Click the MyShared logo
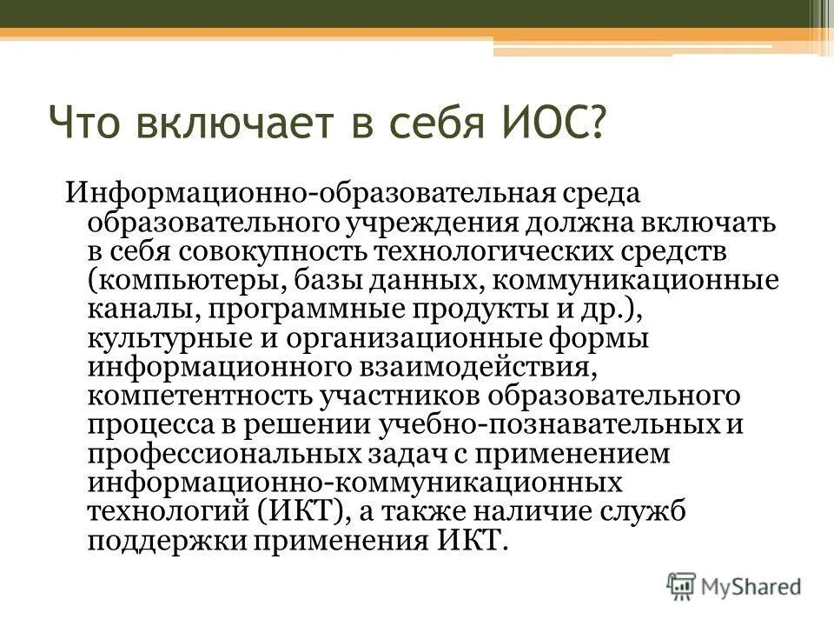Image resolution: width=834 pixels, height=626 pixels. pyautogui.click(x=735, y=586)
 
